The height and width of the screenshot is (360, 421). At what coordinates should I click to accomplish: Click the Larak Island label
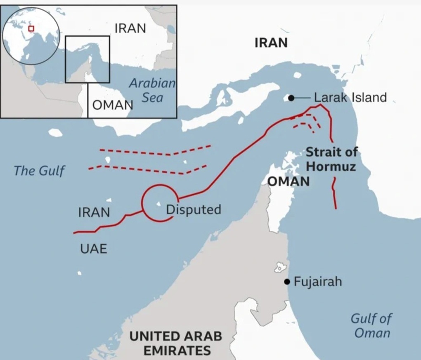point(350,98)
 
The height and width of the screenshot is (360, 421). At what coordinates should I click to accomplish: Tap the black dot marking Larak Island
point(291,98)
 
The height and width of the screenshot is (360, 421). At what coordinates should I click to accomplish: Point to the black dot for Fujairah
point(286,282)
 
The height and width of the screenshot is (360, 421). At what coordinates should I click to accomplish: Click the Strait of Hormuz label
point(331,159)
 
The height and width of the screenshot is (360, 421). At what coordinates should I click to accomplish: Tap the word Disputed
point(193,209)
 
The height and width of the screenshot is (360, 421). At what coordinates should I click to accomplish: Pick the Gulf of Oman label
point(371,325)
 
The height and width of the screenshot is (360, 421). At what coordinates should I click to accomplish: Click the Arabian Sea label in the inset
point(152,90)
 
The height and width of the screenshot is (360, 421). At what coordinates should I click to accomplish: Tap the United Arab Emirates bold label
point(176,343)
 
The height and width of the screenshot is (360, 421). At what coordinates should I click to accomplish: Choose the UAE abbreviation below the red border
point(93,249)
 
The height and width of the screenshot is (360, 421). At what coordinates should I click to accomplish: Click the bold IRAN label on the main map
point(271,43)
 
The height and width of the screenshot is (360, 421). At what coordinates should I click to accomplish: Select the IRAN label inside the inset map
point(130,28)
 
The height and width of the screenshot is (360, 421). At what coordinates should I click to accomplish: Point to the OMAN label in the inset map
point(112,105)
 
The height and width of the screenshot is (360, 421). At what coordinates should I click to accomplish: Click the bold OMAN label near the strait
point(289,181)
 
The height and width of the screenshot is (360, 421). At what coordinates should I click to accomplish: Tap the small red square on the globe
point(31,28)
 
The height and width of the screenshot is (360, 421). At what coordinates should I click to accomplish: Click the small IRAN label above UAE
point(94,212)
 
